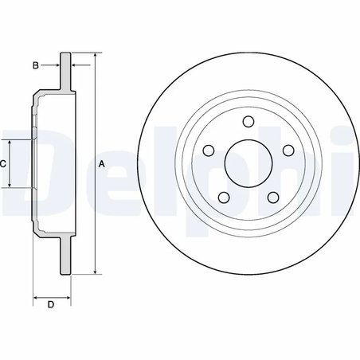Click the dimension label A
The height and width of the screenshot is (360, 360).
tap(100, 163)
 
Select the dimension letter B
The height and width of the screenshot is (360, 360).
tap(36, 65)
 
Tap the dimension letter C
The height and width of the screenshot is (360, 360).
tap(3, 163)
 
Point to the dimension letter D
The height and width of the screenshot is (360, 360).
tap(50, 305)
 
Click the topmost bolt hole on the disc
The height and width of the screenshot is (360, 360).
tap(247, 123)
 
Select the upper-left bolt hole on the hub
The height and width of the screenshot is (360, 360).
tap(209, 149)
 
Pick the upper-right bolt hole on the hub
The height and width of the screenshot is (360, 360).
tap(284, 149)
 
